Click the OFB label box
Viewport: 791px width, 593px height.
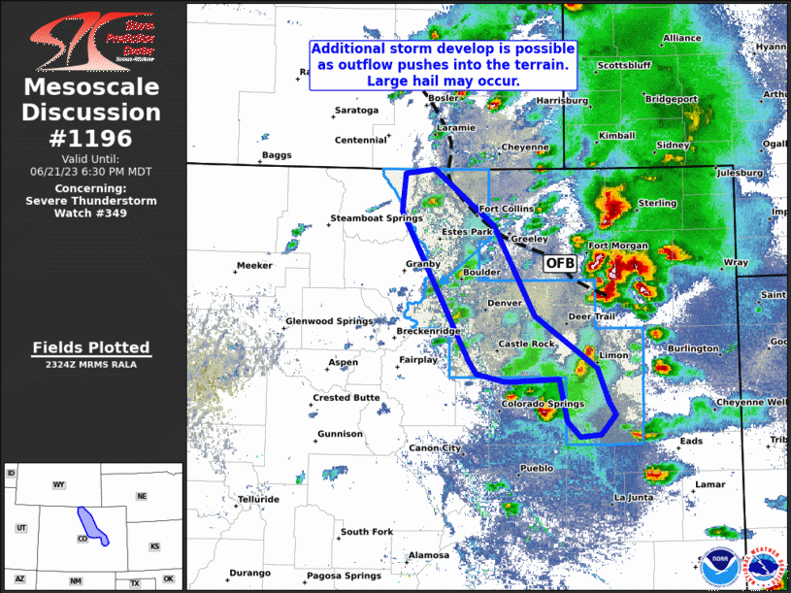click(559, 263)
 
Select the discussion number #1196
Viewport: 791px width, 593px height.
click(91, 137)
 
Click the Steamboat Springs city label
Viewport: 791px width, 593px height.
click(368, 218)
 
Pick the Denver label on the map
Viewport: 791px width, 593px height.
click(504, 303)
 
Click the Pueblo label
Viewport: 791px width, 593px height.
click(537, 468)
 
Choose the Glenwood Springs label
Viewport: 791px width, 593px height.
click(329, 321)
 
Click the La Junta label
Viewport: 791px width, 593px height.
click(633, 498)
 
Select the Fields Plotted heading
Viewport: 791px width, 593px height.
click(91, 346)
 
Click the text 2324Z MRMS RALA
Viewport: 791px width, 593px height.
click(91, 365)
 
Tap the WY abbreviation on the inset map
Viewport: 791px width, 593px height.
click(58, 483)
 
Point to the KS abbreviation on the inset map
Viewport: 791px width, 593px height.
click(154, 546)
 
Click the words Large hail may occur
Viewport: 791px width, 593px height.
click(443, 81)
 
